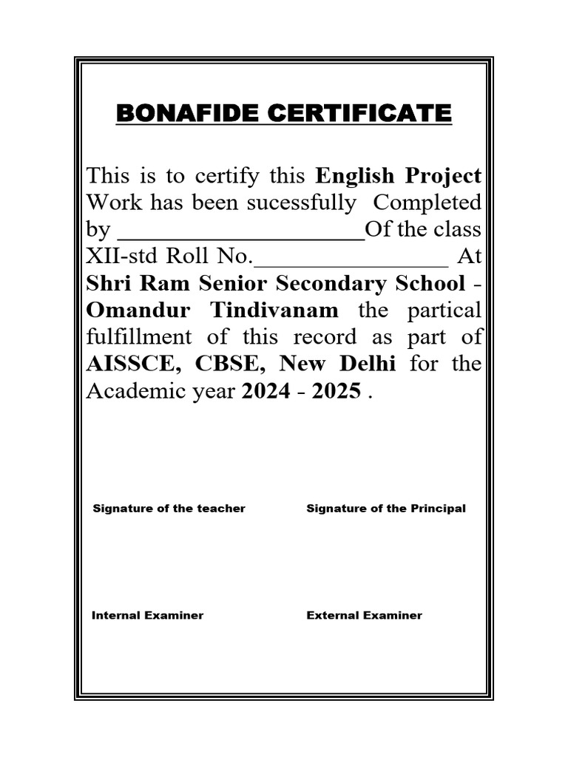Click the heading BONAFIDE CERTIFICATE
(284, 114)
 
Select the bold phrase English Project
(399, 176)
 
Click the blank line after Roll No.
(351, 258)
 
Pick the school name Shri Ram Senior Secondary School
(276, 284)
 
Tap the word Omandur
(141, 310)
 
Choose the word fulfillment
(141, 337)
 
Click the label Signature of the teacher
(169, 509)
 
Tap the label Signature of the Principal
(386, 509)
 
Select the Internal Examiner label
(147, 615)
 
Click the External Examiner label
(364, 615)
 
